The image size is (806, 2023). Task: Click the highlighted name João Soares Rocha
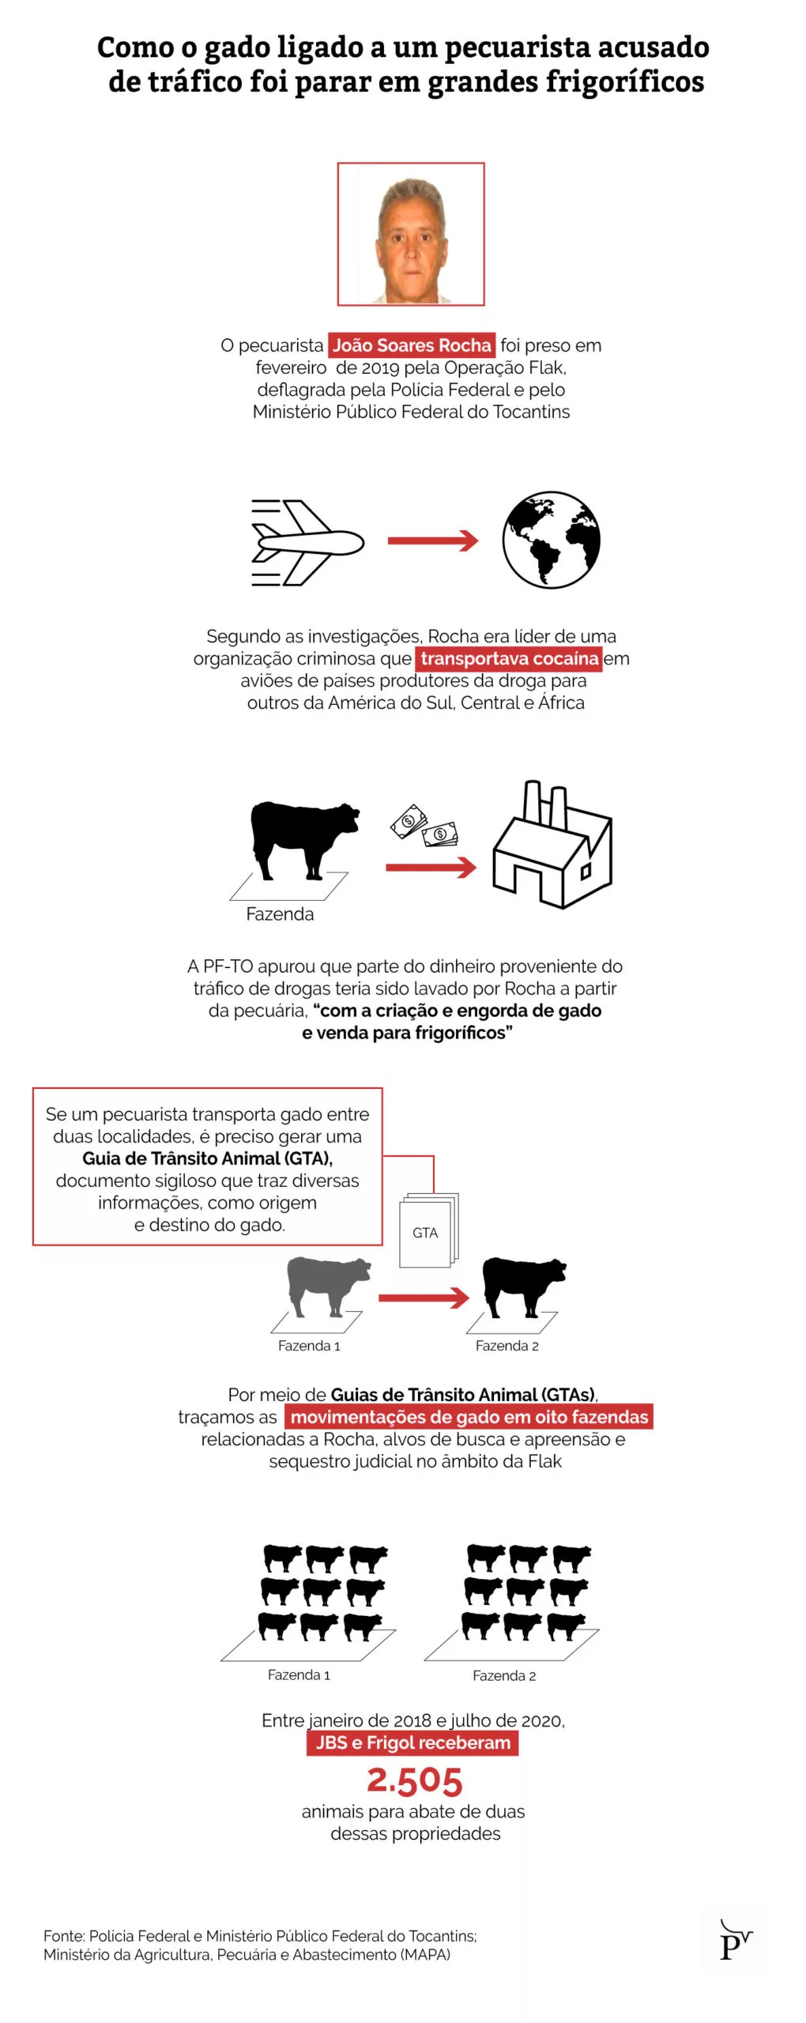[x=411, y=345]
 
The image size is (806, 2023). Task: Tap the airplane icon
[x=307, y=542]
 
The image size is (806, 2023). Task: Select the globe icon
[x=551, y=541]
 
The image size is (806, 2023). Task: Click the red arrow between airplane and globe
[x=433, y=541]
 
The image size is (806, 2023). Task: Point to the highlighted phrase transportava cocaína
[x=509, y=658]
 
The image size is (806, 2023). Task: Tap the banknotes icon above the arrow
[x=424, y=826]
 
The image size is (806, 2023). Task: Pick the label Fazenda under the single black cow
[x=280, y=914]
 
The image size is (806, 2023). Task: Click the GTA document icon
[x=427, y=1231]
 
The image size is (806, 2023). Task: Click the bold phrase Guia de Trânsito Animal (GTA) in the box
[x=207, y=1158]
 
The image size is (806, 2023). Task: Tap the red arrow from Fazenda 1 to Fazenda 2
[x=424, y=1298]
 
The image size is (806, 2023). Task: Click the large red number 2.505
[x=414, y=1780]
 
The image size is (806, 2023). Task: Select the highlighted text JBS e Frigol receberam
[x=412, y=1742]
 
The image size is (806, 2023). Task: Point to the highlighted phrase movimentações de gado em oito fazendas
[x=469, y=1417]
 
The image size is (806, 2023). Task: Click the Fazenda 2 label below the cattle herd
[x=504, y=1675]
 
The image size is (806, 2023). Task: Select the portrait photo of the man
[x=411, y=235]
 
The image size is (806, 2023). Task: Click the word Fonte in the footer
[x=63, y=1936]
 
